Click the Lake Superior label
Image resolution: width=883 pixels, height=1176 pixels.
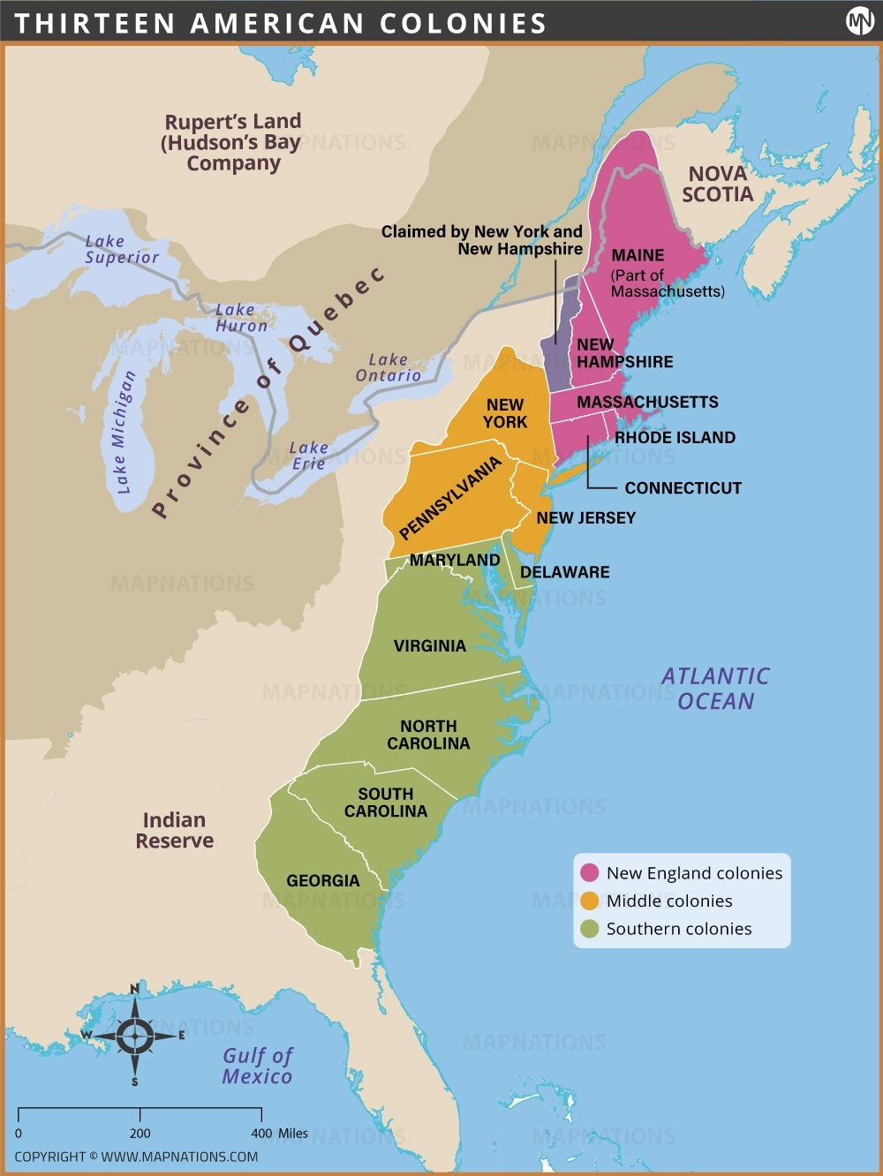click(122, 249)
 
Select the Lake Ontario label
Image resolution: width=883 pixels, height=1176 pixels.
click(388, 367)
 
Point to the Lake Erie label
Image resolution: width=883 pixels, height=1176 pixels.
click(308, 456)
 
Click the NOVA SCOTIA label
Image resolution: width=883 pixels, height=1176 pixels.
click(717, 185)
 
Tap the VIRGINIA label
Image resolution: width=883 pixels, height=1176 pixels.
click(429, 646)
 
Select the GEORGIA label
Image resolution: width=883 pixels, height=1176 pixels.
click(323, 881)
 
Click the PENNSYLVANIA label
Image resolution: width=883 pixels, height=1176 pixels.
click(449, 499)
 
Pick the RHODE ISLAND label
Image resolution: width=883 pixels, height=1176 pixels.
click(675, 438)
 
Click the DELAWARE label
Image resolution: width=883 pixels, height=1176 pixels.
click(564, 572)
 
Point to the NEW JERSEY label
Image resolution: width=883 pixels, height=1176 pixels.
click(585, 518)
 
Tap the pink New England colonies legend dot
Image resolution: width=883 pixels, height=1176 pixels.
click(590, 873)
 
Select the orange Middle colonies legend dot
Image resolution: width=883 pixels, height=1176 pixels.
click(590, 901)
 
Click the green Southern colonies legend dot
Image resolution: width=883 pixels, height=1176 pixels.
click(590, 929)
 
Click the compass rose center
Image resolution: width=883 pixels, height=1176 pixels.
click(134, 1036)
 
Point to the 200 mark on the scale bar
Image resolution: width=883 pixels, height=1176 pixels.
click(140, 1133)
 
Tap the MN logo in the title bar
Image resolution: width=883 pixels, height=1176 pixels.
click(859, 21)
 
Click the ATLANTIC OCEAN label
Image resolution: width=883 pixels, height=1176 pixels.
click(715, 689)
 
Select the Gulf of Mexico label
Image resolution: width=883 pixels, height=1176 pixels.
click(257, 1066)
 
